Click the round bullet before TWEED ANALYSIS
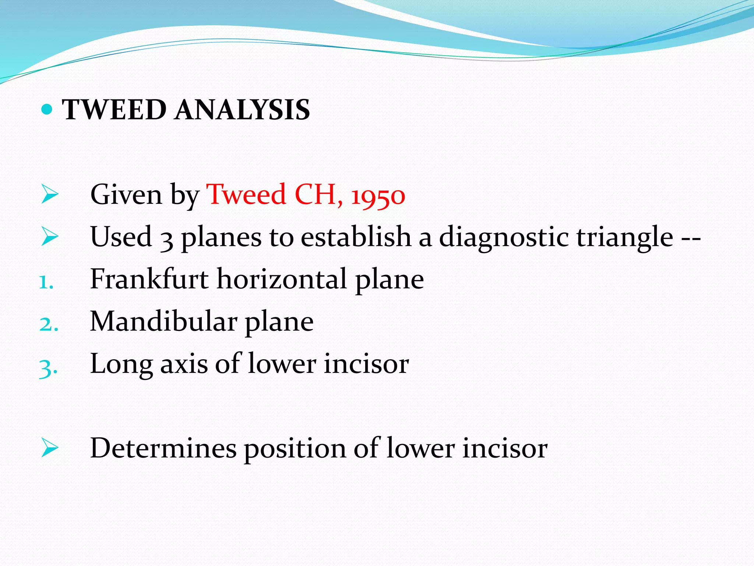point(46,109)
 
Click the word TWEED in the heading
point(114,110)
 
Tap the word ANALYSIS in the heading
point(242,110)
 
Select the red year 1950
point(378,196)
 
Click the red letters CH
point(316,194)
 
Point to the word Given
point(126,195)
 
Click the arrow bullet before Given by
point(49,195)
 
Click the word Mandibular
point(163,321)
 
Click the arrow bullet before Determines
point(49,448)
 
